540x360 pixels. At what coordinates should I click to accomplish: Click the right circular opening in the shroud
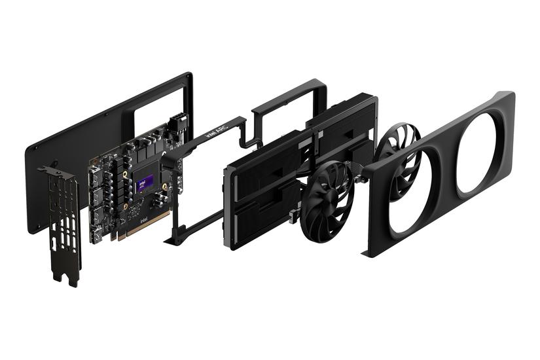point(482,153)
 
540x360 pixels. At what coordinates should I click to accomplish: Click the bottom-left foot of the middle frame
point(173,241)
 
